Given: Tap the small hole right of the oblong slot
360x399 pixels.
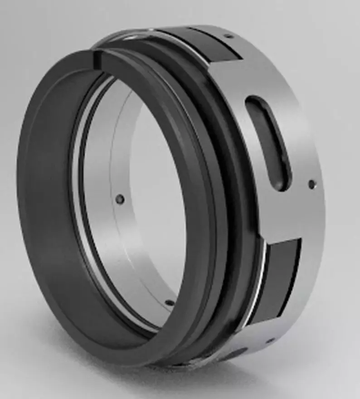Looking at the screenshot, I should tap(311, 184).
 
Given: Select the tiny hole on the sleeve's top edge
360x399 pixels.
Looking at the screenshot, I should tap(229, 36).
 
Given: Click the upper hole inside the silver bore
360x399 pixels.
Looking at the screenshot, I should tap(120, 199).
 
